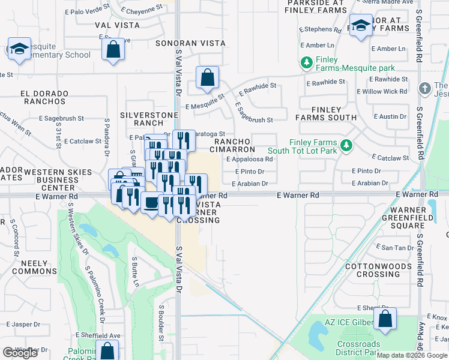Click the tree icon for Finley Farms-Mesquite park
[307, 62]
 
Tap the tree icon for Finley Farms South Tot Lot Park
[346, 145]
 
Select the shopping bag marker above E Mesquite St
[207, 77]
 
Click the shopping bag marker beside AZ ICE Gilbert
[385, 319]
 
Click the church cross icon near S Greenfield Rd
[425, 89]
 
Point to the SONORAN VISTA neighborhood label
[190, 44]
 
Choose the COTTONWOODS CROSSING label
[372, 270]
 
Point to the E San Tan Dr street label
[393, 248]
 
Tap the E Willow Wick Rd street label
[382, 92]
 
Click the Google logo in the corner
[20, 353]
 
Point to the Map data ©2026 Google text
[412, 355]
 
